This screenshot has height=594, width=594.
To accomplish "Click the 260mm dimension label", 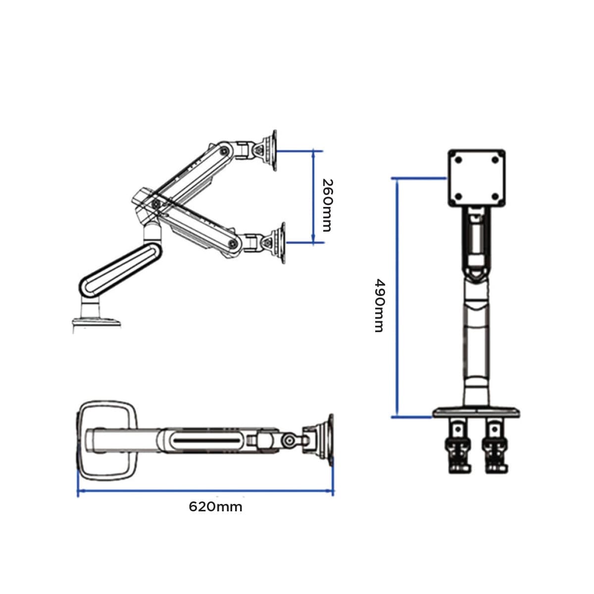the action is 327,205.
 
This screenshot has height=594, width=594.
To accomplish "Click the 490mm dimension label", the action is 379,305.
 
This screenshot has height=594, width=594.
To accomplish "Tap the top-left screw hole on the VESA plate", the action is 458,160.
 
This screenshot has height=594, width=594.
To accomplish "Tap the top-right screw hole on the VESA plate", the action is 495,160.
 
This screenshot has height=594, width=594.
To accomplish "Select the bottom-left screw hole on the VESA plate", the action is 458,197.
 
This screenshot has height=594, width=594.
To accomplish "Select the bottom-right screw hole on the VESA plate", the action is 495,197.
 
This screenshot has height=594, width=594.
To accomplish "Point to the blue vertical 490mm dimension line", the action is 397,298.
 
